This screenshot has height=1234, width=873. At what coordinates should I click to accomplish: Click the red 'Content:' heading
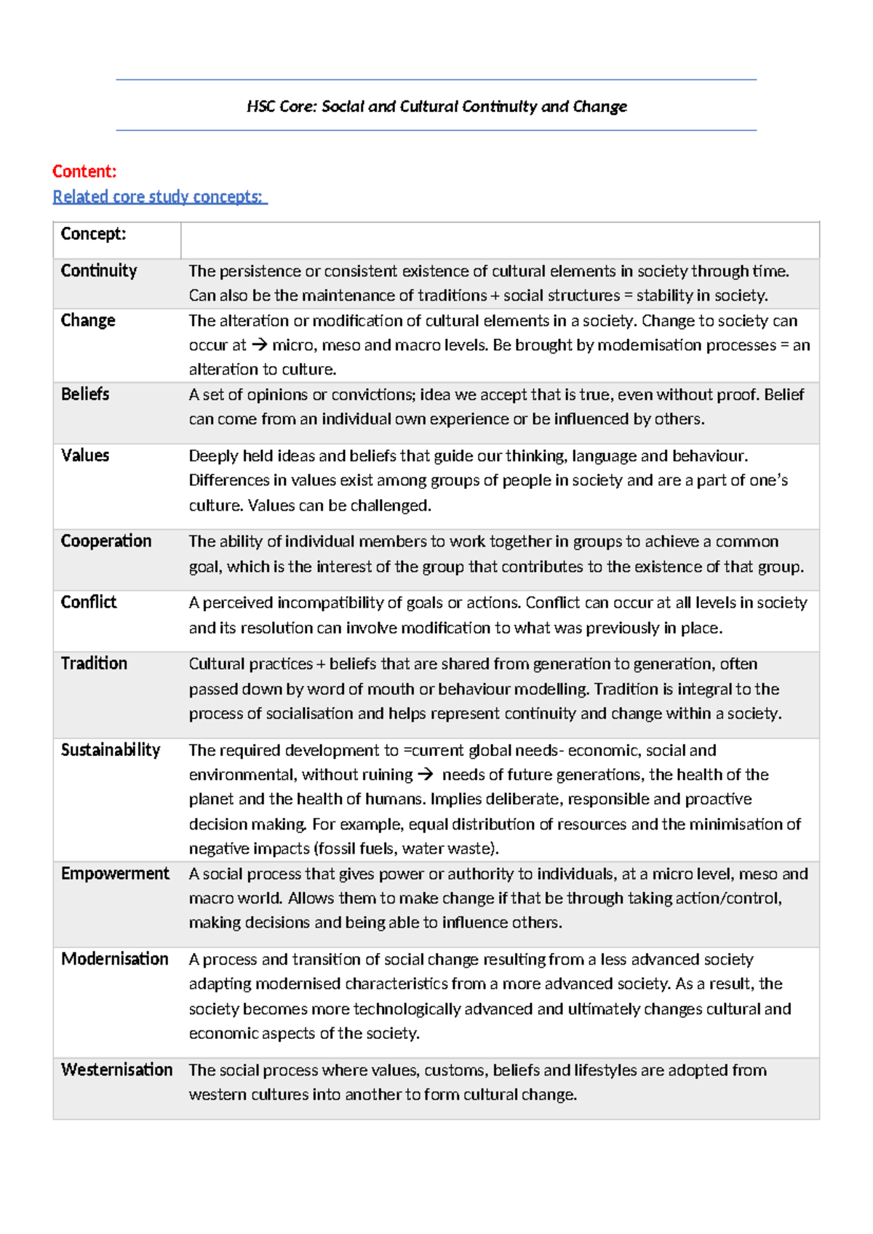click(x=84, y=172)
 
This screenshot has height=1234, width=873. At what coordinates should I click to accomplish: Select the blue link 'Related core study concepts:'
click(x=160, y=196)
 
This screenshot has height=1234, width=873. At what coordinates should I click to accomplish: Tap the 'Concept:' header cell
click(x=93, y=234)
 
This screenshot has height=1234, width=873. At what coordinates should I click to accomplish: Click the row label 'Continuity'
click(x=99, y=271)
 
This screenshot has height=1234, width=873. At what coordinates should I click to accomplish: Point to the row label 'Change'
click(x=88, y=320)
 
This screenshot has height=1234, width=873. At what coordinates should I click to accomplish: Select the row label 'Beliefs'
click(x=85, y=394)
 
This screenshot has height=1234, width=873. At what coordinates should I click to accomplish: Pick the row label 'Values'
click(x=85, y=455)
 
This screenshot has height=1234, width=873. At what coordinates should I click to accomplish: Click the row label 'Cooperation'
click(x=106, y=541)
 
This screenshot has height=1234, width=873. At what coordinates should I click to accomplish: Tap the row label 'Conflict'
click(x=89, y=602)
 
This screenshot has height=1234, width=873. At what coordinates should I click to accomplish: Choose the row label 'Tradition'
click(x=94, y=664)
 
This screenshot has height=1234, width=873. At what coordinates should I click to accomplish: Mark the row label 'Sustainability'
click(x=111, y=750)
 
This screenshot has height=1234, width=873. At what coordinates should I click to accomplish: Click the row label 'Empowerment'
click(x=115, y=874)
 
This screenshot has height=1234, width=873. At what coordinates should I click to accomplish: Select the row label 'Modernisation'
click(x=115, y=959)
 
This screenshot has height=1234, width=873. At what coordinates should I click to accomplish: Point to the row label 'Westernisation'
click(x=117, y=1070)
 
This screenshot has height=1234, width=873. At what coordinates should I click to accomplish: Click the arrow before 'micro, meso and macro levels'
click(x=259, y=346)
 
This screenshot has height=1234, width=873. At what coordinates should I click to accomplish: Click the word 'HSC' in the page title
click(x=260, y=107)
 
